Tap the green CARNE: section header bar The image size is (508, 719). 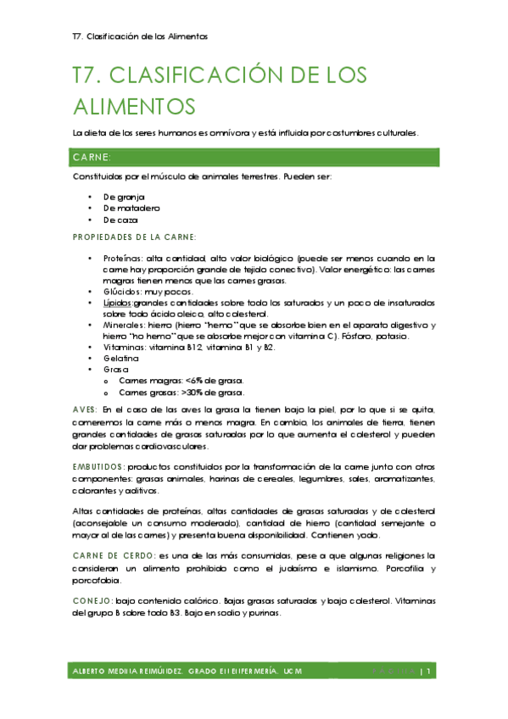(x=254, y=158)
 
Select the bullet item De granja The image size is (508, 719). (x=124, y=196)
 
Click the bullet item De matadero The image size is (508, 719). (x=131, y=208)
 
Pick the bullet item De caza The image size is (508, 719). (x=120, y=220)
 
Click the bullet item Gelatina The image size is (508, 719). (x=122, y=359)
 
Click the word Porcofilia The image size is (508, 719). (x=397, y=570)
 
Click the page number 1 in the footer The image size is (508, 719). (x=431, y=672)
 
